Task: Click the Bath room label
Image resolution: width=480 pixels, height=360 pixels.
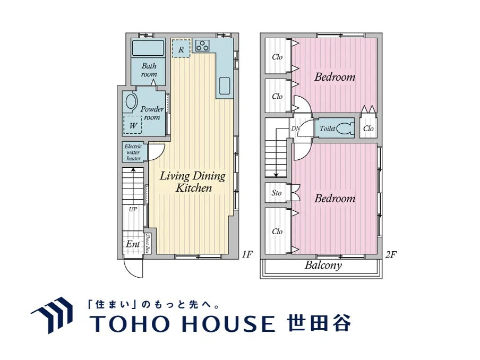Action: (149, 70)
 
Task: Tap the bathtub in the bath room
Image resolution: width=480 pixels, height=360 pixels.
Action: (149, 48)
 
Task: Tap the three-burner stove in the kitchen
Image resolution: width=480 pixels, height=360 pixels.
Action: (202, 45)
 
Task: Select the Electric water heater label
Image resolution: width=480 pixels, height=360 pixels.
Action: (133, 152)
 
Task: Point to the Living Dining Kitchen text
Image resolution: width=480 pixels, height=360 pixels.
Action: (193, 182)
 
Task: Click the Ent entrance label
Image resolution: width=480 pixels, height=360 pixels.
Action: (132, 244)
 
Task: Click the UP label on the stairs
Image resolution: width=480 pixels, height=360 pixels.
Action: (133, 209)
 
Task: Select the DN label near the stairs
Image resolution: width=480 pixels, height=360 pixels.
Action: (295, 128)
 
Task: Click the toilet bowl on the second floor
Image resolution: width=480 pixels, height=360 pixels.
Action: (345, 128)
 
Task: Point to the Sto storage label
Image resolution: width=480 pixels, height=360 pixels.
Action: (277, 193)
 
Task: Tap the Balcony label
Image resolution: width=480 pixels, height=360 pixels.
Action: (323, 265)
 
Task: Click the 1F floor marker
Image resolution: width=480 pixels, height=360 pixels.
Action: (246, 255)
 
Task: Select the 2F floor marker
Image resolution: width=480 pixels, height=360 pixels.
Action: (391, 255)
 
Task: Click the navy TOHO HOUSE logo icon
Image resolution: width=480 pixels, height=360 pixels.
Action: (53, 315)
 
